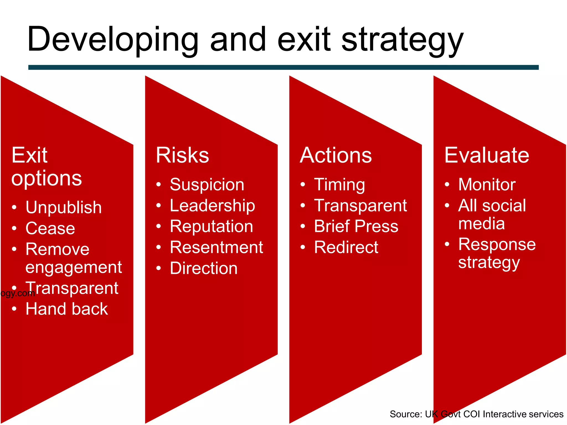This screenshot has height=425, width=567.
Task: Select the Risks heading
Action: pyautogui.click(x=182, y=155)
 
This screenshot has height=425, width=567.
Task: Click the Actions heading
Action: pyautogui.click(x=336, y=155)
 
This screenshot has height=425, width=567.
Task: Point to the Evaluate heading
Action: pyautogui.click(x=486, y=155)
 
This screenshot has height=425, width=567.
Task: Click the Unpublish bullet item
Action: pyautogui.click(x=63, y=208)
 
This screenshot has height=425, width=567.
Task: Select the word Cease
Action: pyautogui.click(x=50, y=228)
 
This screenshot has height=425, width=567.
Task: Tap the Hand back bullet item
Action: pyautogui.click(x=66, y=309)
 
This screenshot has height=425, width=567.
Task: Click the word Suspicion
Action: pyautogui.click(x=207, y=185)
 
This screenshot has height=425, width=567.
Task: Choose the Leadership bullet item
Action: pyautogui.click(x=212, y=206)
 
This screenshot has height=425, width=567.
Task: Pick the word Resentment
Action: pyautogui.click(x=216, y=247)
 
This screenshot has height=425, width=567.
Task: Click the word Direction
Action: pyautogui.click(x=203, y=268)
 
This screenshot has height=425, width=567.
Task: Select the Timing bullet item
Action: pyautogui.click(x=339, y=185)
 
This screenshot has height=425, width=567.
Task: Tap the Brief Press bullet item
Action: pyautogui.click(x=356, y=226)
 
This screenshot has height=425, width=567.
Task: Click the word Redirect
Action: pyautogui.click(x=346, y=247)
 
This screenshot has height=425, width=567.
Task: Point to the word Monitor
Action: pyautogui.click(x=487, y=185)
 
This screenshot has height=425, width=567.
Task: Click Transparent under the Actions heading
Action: pyautogui.click(x=360, y=206)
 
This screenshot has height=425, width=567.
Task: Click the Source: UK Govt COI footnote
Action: pyautogui.click(x=476, y=414)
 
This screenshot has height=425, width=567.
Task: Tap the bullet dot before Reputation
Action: pyautogui.click(x=158, y=226)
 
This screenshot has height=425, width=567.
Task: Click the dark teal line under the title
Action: pyautogui.click(x=283, y=67)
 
